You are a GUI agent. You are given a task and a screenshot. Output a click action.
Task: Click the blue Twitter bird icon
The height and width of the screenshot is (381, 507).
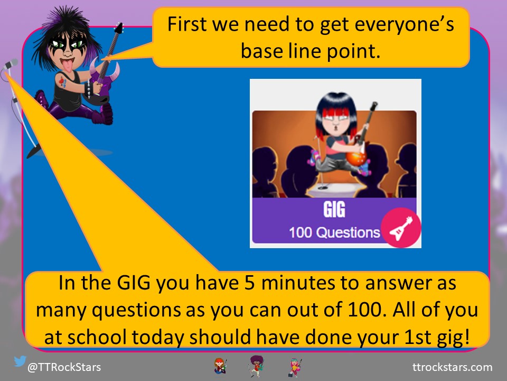20,361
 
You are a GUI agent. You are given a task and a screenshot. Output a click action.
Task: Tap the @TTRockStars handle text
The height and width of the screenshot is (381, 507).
64,367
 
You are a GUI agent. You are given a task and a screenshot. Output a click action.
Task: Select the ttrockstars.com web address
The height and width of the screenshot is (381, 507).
453,367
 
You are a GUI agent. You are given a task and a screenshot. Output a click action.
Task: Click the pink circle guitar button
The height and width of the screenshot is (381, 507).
401,228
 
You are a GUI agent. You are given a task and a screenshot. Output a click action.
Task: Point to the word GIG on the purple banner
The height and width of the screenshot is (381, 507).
334,210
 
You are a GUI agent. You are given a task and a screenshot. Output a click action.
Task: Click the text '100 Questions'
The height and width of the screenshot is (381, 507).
334,233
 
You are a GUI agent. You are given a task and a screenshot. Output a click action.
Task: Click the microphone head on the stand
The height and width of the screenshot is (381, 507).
11,63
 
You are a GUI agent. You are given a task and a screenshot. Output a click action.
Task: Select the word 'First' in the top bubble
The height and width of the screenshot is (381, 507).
187,24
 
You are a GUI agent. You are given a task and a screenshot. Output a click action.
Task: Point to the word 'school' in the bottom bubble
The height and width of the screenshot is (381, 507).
97,337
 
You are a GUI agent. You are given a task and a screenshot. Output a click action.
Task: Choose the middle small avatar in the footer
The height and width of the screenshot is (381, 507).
257,366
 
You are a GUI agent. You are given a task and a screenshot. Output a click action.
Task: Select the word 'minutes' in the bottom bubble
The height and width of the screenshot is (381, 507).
297,283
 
